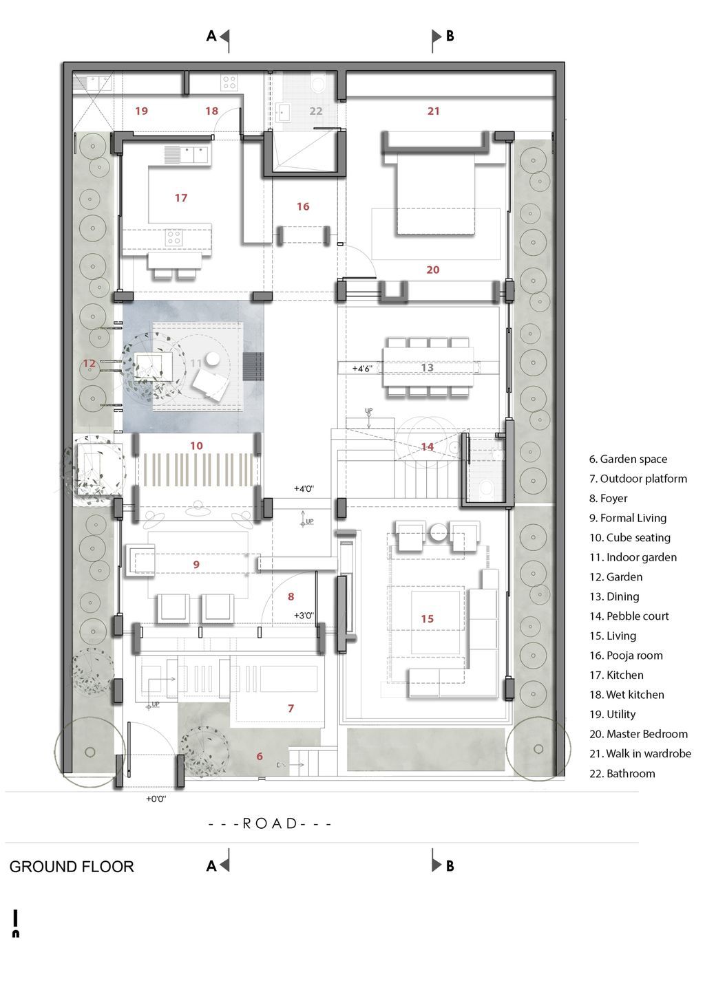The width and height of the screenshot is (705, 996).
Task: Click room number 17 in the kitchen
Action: (x=180, y=198)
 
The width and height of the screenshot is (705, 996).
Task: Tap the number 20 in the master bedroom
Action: (x=432, y=270)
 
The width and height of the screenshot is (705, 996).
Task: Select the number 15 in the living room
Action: (x=427, y=619)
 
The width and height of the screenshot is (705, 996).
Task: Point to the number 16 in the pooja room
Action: (x=303, y=207)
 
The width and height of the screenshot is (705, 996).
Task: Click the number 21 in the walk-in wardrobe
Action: (x=433, y=111)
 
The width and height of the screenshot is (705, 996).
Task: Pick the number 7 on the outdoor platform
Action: (x=291, y=708)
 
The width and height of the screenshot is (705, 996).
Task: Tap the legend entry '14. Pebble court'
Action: (x=629, y=616)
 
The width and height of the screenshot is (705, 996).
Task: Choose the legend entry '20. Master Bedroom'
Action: (x=638, y=734)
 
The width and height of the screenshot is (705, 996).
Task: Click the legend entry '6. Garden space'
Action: (x=628, y=459)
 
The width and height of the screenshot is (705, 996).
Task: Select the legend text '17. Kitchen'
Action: (x=616, y=675)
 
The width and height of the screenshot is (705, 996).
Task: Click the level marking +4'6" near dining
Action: (x=362, y=369)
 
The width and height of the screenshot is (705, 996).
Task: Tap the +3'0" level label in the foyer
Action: (x=304, y=616)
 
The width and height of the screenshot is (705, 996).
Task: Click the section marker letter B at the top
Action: (x=450, y=36)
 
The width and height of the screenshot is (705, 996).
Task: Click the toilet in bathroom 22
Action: (x=318, y=83)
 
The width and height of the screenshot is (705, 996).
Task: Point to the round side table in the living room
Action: (x=439, y=532)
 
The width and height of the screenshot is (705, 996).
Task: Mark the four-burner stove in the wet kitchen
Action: (x=229, y=83)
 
